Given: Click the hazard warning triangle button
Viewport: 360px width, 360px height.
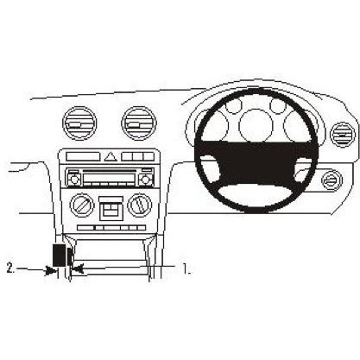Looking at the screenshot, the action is coord(111,157).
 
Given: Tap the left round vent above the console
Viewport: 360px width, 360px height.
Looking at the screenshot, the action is coord(79,123).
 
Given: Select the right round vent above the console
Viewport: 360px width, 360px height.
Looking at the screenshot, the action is coord(139,123).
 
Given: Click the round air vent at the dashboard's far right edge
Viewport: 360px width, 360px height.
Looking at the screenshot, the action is coord(343,135).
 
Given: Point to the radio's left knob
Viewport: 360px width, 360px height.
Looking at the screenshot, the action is coord(73,180).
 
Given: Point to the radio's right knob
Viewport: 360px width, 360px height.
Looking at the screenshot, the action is coord(145,180).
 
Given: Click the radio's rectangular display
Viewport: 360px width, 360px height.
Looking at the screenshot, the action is coord(110,177).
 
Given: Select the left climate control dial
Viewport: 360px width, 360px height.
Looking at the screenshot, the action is coord(82,205).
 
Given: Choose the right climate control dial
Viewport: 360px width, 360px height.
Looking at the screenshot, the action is coord(140,205).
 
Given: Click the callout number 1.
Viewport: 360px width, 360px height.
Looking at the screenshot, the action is coord(186,268).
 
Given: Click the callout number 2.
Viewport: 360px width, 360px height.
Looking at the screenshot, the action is coord(10,268).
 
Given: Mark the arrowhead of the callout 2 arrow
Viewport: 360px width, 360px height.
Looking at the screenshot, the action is coord(52,270).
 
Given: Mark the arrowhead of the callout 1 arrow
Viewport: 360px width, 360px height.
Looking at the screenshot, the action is coord(77,269).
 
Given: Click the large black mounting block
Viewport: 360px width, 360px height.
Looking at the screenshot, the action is coord(59,255).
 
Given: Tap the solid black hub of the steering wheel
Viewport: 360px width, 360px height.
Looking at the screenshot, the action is coord(256,161).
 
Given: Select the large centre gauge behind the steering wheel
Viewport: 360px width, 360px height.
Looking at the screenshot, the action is coord(256,125).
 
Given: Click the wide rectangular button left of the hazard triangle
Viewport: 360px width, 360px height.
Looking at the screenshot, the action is coord(83,157).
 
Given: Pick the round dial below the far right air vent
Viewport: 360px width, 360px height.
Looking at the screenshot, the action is coord(332,180).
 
